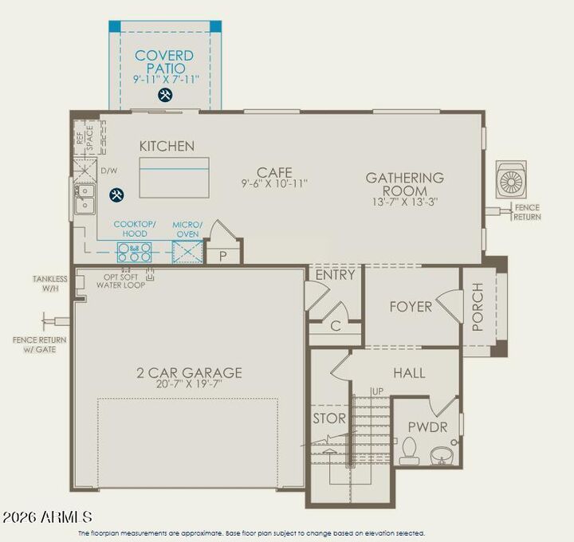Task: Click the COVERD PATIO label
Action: click(x=164, y=61)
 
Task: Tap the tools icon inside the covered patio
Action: click(x=166, y=95)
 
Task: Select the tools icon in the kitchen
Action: click(x=116, y=194)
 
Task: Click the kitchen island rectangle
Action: click(x=174, y=177)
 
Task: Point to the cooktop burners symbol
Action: click(x=135, y=253)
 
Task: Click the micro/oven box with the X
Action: click(x=187, y=253)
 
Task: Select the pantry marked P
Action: click(x=222, y=255)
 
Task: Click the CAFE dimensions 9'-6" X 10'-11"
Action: click(x=274, y=183)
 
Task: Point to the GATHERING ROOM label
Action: click(x=405, y=184)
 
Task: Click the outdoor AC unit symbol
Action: click(x=510, y=180)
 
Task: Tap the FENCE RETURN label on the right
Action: click(x=526, y=212)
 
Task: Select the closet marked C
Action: click(x=336, y=325)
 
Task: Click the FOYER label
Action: click(x=411, y=307)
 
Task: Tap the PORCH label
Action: click(x=478, y=307)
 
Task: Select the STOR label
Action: click(x=328, y=418)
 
